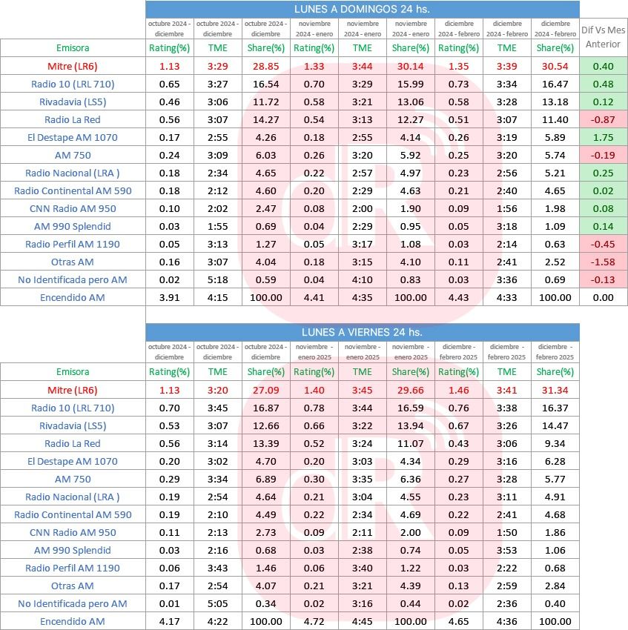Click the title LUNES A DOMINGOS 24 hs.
[362, 9]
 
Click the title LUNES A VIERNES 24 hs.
[362, 332]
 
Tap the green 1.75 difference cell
[603, 137]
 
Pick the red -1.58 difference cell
[603, 262]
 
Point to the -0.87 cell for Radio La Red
[603, 119]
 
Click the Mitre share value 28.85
[265, 66]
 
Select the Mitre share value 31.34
[555, 390]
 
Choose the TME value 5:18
[217, 279]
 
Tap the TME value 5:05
[217, 603]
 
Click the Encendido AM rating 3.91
[169, 297]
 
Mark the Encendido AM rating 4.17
[169, 621]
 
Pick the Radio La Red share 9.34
[555, 443]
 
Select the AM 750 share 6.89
[265, 479]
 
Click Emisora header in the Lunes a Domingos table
[72, 48]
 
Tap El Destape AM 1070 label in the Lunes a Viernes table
[72, 461]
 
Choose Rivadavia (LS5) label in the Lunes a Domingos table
[72, 102]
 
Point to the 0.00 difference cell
[603, 297]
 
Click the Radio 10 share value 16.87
[265, 408]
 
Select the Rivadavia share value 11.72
[265, 102]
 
